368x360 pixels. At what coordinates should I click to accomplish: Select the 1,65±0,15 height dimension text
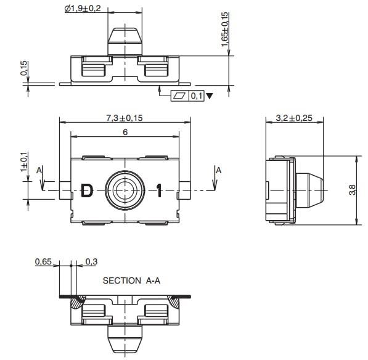(x=225, y=28)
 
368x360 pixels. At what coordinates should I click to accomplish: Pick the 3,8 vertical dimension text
(x=352, y=190)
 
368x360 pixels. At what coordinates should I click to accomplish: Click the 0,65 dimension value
(x=43, y=262)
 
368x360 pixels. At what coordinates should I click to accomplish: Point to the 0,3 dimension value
(x=91, y=262)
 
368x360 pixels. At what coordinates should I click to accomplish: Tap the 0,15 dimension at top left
(x=24, y=68)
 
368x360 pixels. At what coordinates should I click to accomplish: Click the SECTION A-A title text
(x=131, y=280)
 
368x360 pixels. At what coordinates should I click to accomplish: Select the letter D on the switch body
(x=88, y=191)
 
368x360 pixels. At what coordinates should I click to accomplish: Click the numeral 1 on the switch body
(x=159, y=191)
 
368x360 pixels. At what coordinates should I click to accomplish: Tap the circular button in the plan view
(x=125, y=189)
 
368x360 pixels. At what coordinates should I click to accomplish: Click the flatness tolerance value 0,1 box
(x=196, y=96)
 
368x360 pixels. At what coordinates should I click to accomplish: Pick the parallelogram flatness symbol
(x=179, y=96)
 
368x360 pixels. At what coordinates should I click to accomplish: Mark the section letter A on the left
(x=39, y=170)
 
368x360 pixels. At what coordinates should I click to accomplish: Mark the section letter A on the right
(x=216, y=170)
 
